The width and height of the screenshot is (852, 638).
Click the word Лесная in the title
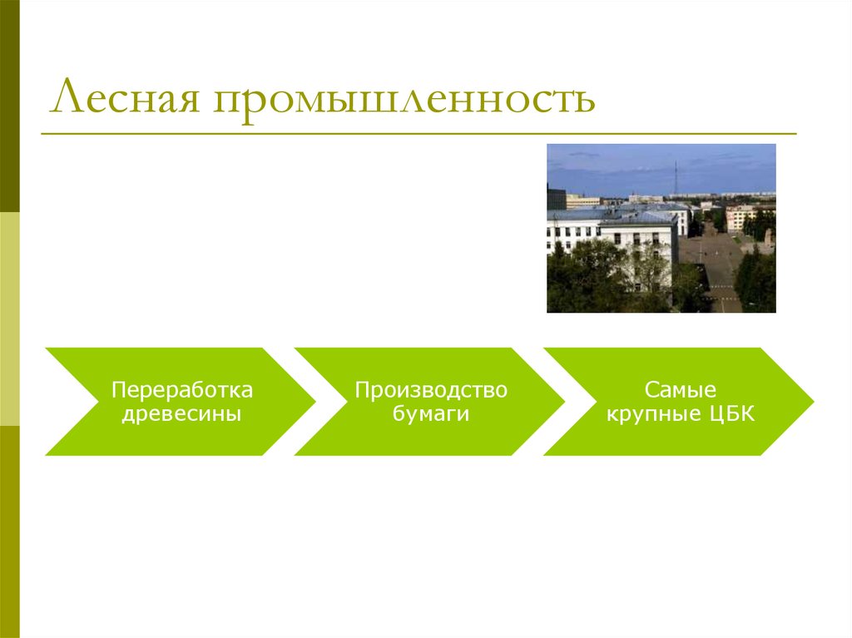[x=125, y=98]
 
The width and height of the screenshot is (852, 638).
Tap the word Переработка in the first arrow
[x=182, y=390]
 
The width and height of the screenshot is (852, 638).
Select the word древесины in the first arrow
[x=181, y=414]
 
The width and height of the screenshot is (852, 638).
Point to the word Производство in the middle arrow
[x=431, y=390]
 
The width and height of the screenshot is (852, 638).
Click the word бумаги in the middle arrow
[x=431, y=414]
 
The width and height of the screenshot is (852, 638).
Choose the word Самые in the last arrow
[x=680, y=390]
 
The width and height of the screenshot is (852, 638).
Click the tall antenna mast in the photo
[x=676, y=178]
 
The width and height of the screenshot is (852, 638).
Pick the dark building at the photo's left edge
[x=556, y=199]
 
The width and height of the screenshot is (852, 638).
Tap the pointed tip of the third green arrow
[x=812, y=402]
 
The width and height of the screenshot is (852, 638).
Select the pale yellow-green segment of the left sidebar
[x=9, y=319]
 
